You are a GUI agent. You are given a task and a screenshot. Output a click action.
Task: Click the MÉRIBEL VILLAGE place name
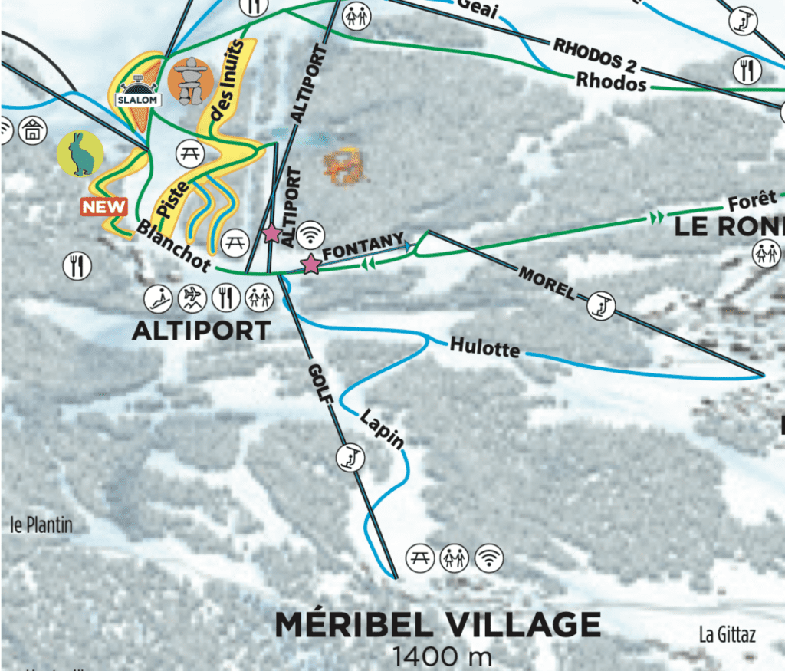438,624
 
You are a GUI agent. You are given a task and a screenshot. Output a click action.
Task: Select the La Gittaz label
727,635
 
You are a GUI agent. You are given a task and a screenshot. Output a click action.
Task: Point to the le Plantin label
41,525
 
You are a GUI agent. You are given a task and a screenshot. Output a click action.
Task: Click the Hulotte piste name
484,347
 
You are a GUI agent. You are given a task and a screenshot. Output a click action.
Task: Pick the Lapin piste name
382,429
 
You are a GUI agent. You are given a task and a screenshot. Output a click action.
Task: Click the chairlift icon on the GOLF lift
350,459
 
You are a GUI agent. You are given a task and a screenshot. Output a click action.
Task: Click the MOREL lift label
547,281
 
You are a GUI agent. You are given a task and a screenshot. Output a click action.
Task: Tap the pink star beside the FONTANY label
310,265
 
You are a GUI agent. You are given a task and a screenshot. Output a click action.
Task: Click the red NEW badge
104,206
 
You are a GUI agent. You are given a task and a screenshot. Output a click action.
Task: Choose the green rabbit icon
80,153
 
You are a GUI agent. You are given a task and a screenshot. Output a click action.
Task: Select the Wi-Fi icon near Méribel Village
488,557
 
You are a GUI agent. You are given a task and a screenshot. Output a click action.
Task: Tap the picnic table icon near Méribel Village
419,557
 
